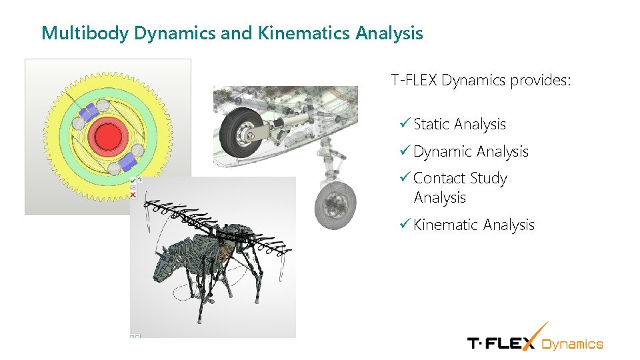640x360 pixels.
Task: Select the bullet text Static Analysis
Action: click(x=459, y=125)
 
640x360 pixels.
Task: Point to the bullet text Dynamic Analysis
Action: click(x=471, y=152)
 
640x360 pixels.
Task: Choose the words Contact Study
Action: click(x=460, y=179)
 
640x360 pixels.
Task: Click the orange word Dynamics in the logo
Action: click(x=572, y=344)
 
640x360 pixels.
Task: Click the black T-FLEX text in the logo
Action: click(x=500, y=343)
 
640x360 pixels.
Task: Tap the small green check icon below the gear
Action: click(x=133, y=180)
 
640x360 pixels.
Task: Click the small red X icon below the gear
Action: click(x=133, y=195)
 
